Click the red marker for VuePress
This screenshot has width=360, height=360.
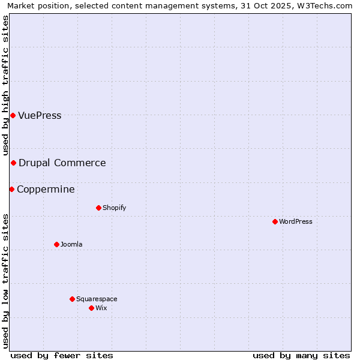tap(13, 115)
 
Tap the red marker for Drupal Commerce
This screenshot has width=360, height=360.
tap(13, 163)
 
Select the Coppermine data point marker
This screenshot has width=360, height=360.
tap(11, 189)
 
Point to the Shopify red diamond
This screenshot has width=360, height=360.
tap(98, 208)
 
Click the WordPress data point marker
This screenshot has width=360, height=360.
tap(275, 221)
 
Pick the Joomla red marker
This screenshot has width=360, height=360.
tap(56, 244)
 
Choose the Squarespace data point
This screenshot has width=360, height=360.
tap(72, 299)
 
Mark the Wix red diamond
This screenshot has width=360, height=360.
tap(91, 308)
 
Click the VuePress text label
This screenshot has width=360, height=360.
tap(40, 115)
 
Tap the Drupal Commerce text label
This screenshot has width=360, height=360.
tap(62, 163)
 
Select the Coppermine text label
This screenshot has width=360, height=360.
tap(46, 189)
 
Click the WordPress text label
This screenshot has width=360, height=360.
tap(296, 221)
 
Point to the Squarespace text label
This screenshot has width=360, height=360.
tap(97, 299)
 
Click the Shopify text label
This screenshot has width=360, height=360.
tap(114, 208)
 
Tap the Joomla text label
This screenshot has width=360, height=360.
tap(71, 244)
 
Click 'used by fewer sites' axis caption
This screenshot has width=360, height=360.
tap(62, 355)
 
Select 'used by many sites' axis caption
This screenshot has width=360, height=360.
tap(301, 355)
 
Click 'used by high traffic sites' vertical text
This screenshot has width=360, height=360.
tap(5, 85)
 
